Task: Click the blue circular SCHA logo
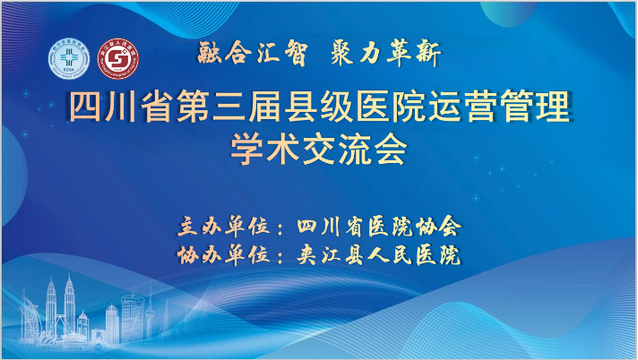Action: click(x=69, y=59)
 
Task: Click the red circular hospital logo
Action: click(x=118, y=59)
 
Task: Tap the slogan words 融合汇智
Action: click(x=253, y=54)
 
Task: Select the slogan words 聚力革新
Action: click(x=385, y=54)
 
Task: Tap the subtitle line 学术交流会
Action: click(x=319, y=150)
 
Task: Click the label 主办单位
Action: click(x=224, y=227)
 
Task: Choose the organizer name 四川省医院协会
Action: click(x=379, y=227)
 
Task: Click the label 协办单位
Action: click(x=224, y=255)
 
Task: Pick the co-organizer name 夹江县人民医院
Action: click(x=378, y=255)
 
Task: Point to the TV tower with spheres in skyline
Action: click(x=150, y=313)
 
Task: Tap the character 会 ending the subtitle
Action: click(x=391, y=150)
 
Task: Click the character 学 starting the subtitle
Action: click(x=247, y=150)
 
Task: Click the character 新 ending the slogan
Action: click(x=428, y=54)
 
